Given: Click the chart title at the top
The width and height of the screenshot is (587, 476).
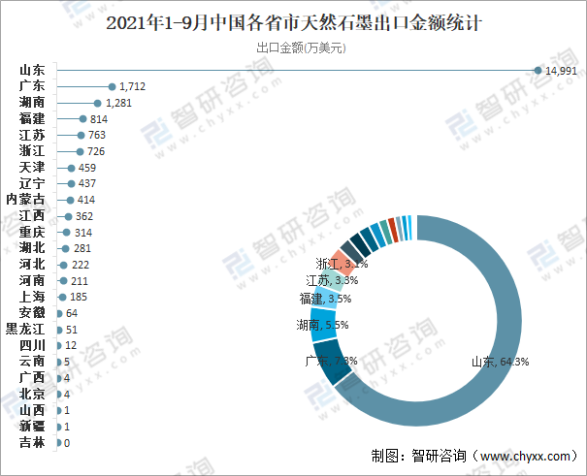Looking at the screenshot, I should point(293,21).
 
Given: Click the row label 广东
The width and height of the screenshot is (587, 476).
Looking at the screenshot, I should point(32,86).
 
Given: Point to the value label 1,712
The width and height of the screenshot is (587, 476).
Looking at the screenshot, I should point(133,86).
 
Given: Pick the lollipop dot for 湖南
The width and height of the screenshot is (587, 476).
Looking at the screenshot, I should point(97,103).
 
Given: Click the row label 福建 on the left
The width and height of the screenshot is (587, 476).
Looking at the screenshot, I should point(32,118).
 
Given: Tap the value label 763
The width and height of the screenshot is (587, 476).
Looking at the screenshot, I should point(97,135).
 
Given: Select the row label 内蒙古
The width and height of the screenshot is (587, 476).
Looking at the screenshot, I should point(25,199).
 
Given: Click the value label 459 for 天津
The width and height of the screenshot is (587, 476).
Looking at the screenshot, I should point(87,167).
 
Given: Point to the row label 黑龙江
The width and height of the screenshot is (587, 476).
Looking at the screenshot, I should point(25,329).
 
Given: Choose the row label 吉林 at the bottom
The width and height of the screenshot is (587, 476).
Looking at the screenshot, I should point(32,442).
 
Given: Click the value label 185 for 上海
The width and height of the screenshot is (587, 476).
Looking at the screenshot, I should point(80,297).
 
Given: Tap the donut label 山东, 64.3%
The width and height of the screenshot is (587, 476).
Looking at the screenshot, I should point(500,362).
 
